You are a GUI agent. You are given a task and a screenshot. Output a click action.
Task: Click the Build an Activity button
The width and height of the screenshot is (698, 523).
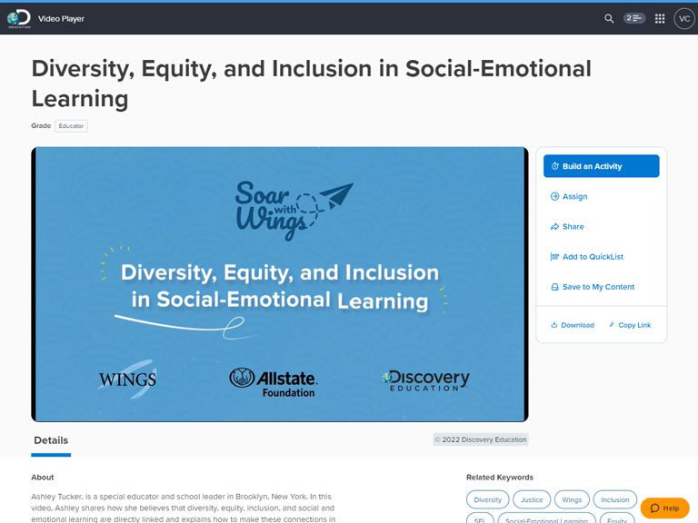coord(601,166)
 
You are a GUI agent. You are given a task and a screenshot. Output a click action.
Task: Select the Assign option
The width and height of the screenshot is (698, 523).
coord(569,196)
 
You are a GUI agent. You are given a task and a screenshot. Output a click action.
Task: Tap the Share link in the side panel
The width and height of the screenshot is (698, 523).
coord(567,226)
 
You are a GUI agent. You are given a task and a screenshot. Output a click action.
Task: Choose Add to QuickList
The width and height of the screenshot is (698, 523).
coord(587,257)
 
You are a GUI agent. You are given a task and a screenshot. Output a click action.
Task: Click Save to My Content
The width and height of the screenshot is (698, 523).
coord(593,287)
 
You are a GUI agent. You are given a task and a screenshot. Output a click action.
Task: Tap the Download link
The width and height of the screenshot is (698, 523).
coord(573,325)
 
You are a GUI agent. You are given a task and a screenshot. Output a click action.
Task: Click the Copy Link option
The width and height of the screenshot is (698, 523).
coord(630,325)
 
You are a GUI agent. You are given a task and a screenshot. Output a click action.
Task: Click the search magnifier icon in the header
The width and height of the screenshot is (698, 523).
coord(609,19)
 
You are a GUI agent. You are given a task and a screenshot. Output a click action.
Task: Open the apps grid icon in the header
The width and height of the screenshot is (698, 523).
coord(660,19)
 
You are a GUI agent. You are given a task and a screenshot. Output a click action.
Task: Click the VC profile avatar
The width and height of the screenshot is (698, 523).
coord(684,19)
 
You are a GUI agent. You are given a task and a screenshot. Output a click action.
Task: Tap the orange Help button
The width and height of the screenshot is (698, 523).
coord(665,508)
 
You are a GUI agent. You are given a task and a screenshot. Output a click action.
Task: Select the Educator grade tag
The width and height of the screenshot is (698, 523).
coord(71,126)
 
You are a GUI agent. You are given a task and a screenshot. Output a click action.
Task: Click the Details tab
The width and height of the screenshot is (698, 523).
coord(51,440)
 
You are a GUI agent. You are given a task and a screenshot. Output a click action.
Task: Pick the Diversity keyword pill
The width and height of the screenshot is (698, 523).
coord(487,500)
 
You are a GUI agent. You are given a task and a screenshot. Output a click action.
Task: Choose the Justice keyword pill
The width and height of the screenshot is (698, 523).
coord(532,500)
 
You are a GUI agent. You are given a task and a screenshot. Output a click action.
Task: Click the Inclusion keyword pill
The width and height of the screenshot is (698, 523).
coord(614,500)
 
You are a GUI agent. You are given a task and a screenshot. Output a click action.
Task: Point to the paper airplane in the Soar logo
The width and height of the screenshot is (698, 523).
coord(337,195)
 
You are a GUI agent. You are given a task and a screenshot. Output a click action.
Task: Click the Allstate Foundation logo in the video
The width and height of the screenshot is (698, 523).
coord(274,382)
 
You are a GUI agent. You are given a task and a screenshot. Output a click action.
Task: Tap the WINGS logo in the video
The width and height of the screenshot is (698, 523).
coord(128,380)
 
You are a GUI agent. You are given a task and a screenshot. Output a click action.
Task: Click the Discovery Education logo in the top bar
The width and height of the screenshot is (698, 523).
coord(19,19)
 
